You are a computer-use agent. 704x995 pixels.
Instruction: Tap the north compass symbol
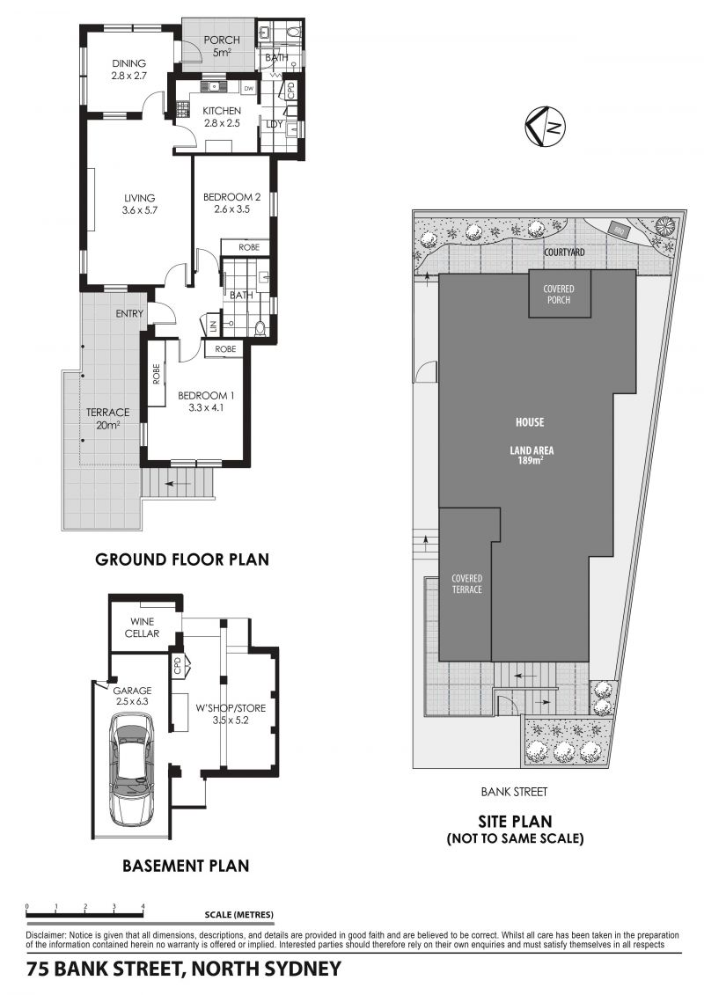pos(546,127)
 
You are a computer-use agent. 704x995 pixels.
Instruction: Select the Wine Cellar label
pos(142,627)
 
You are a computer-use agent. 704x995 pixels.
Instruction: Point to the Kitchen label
pos(222,111)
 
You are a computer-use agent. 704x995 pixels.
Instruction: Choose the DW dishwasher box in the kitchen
pos(249,89)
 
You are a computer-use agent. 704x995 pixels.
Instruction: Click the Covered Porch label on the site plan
pos(559,295)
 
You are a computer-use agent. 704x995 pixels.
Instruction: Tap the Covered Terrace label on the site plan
pos(466,584)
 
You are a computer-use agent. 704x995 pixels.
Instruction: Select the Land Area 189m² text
pos(532,456)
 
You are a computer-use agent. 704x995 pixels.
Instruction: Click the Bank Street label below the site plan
pos(514,791)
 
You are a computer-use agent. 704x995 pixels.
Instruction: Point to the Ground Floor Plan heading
pos(182,559)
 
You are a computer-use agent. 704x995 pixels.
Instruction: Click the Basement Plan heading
pos(186,866)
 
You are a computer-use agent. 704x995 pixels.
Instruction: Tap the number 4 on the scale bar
pos(143,906)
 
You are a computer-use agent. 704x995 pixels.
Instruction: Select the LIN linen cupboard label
pos(213,326)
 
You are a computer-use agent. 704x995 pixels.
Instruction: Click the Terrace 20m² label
pos(108,419)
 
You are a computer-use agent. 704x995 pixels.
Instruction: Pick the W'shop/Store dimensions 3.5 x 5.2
pos(231,721)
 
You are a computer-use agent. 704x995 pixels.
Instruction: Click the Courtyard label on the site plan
pos(564,252)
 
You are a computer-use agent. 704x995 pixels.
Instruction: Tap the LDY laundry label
pos(275,124)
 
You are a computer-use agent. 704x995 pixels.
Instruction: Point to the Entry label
pos(129,313)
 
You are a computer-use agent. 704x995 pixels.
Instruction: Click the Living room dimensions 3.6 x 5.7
pos(139,210)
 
